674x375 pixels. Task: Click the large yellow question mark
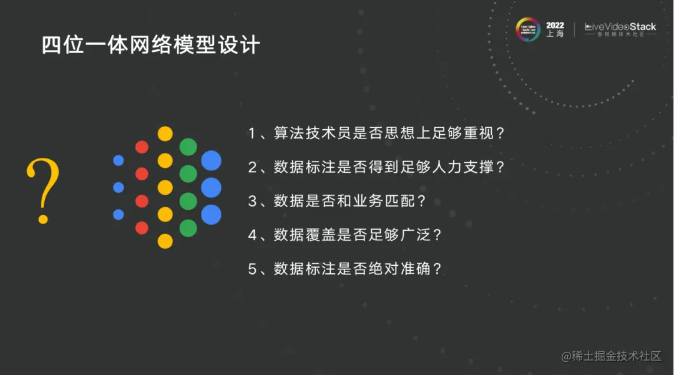pyautogui.click(x=43, y=190)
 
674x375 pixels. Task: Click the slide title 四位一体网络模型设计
pyautogui.click(x=150, y=45)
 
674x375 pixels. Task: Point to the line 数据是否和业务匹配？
pyautogui.click(x=337, y=202)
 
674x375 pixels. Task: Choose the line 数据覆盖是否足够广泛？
pyautogui.click(x=345, y=235)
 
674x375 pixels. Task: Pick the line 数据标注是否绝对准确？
pyautogui.click(x=345, y=270)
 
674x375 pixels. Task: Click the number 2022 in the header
pyautogui.click(x=555, y=26)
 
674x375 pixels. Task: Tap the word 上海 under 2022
pyautogui.click(x=555, y=35)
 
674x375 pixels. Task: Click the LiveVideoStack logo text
pyautogui.click(x=620, y=27)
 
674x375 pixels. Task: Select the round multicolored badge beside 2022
pyautogui.click(x=528, y=30)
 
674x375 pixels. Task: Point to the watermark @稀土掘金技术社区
pyautogui.click(x=611, y=356)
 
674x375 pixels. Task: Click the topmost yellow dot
pyautogui.click(x=165, y=134)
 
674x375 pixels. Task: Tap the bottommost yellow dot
pyautogui.click(x=165, y=241)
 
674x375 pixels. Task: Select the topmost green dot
pyautogui.click(x=188, y=147)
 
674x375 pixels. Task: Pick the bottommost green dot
pyautogui.click(x=188, y=228)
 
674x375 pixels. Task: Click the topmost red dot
pyautogui.click(x=142, y=147)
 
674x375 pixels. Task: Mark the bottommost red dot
pyautogui.click(x=142, y=228)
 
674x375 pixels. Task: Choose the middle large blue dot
pyautogui.click(x=211, y=187)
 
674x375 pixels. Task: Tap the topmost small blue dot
pyautogui.click(x=119, y=160)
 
